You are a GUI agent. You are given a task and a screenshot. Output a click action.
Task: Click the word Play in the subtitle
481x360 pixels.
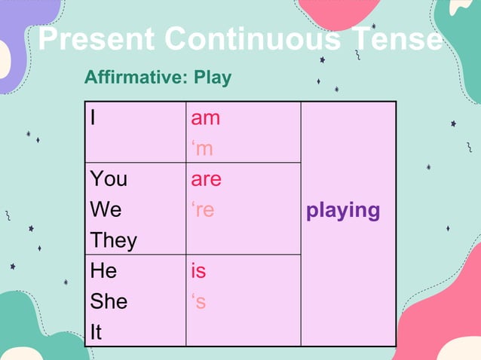click(213, 78)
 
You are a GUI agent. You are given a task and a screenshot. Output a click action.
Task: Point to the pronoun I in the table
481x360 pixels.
click(93, 118)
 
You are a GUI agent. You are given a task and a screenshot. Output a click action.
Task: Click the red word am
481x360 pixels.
click(205, 118)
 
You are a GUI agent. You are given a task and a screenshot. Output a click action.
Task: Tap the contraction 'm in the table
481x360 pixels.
click(202, 149)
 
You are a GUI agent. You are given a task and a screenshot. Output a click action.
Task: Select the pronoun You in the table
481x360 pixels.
click(109, 179)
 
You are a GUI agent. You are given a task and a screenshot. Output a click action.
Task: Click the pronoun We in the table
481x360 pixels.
click(106, 210)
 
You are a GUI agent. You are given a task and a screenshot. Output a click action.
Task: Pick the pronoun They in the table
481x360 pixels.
click(113, 241)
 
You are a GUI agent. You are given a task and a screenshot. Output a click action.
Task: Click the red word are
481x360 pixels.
click(206, 179)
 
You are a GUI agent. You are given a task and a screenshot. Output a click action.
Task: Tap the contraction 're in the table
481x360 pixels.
click(203, 210)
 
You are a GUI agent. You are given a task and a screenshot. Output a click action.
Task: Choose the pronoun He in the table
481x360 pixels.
click(104, 271)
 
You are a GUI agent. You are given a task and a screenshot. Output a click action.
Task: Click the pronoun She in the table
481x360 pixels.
click(109, 302)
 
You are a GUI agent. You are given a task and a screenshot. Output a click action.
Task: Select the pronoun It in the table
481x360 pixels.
click(96, 332)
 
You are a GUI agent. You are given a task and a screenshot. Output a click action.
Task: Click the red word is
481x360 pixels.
click(198, 271)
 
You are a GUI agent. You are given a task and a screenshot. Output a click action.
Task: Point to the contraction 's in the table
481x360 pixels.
click(198, 302)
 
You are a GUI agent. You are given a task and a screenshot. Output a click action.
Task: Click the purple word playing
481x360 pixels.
click(343, 210)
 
